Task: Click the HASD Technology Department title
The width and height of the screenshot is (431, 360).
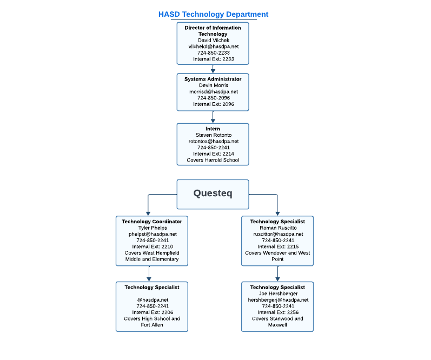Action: click(213, 15)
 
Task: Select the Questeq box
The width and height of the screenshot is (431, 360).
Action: click(213, 194)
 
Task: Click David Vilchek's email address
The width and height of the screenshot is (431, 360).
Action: click(213, 46)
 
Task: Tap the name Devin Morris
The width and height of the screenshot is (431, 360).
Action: click(213, 85)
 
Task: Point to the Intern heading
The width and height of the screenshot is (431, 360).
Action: click(213, 129)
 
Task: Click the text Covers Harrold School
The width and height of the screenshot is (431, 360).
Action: click(213, 160)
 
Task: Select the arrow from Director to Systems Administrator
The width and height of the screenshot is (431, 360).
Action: click(213, 69)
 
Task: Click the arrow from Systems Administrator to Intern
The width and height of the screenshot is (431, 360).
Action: click(213, 117)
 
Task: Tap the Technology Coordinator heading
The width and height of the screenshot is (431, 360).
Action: click(152, 222)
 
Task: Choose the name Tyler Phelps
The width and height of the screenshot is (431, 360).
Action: click(152, 228)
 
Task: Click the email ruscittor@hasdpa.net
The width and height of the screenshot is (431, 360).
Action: click(278, 234)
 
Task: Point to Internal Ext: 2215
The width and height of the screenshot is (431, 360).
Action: click(278, 246)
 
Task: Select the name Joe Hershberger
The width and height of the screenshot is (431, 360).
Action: click(278, 294)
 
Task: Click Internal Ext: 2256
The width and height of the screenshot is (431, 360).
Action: click(278, 312)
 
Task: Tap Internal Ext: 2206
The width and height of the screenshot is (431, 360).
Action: click(152, 312)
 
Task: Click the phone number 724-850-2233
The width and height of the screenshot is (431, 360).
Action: click(213, 53)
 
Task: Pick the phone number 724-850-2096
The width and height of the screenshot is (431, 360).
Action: click(213, 98)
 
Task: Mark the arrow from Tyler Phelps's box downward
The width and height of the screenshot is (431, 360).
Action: click(149, 274)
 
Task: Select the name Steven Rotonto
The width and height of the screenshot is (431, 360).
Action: click(213, 135)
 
